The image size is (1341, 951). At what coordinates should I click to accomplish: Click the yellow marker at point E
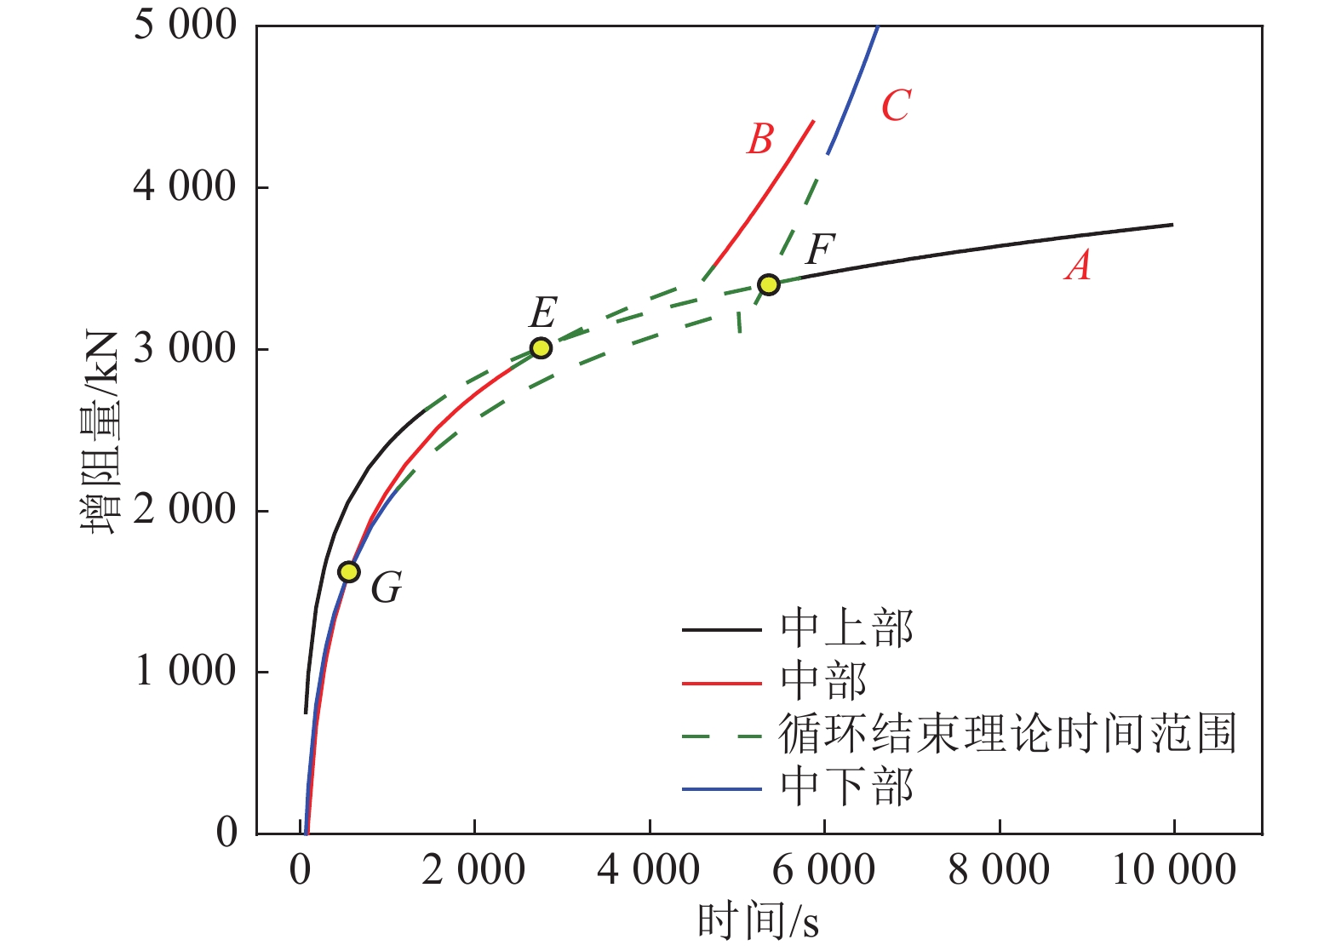click(541, 347)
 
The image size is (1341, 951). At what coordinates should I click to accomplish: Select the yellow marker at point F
click(769, 284)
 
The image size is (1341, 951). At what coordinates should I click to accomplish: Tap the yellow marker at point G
click(349, 571)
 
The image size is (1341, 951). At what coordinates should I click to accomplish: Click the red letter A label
click(1078, 266)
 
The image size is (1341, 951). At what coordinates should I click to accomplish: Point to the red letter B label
click(760, 139)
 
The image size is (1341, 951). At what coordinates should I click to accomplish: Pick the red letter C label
click(896, 106)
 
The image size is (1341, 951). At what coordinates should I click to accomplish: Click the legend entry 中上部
click(846, 629)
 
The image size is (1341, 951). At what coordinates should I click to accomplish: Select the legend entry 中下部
click(846, 788)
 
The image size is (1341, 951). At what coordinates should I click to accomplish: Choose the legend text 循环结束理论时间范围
click(1006, 734)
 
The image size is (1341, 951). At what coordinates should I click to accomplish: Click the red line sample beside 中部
click(721, 683)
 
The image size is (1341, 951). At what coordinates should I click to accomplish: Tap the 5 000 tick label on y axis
click(185, 26)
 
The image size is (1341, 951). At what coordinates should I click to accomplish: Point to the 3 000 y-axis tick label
click(185, 348)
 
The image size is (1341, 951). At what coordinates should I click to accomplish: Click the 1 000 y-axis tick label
click(185, 671)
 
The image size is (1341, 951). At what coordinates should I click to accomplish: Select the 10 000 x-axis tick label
click(1174, 870)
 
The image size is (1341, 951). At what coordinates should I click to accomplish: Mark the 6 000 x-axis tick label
click(823, 870)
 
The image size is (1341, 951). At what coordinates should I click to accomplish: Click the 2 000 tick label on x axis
click(473, 870)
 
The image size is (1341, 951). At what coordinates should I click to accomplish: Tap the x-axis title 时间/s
click(758, 921)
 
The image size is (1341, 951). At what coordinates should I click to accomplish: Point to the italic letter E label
click(543, 312)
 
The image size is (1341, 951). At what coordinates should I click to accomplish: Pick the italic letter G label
click(387, 587)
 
